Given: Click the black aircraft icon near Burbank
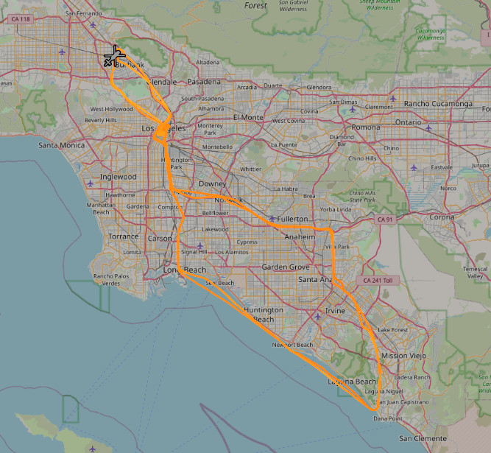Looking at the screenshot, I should [x=114, y=57].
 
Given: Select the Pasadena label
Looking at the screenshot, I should [x=203, y=82].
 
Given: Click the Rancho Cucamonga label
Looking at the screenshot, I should [x=437, y=104].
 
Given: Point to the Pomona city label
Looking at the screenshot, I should [x=366, y=127].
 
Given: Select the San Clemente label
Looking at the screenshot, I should [x=420, y=438].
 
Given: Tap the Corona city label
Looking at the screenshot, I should [x=442, y=217].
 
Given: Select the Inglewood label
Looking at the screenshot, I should [x=118, y=177].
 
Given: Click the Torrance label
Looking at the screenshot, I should [x=123, y=236].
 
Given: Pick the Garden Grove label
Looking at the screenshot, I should [x=286, y=267].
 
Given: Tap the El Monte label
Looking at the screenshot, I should [x=248, y=117].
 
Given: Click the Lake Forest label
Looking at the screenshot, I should [x=392, y=330].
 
